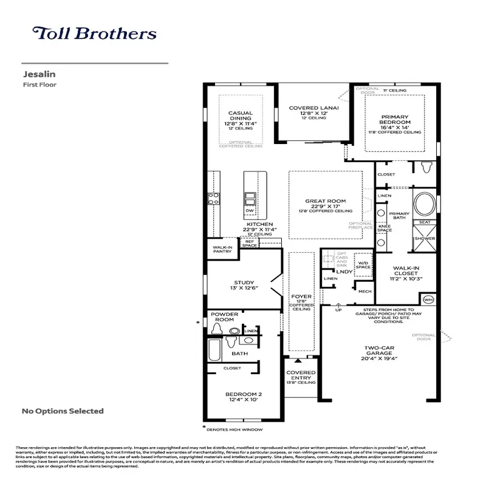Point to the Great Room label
pos(325,201)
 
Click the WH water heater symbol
pos(428,299)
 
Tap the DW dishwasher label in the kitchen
pos(249,211)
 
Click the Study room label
pos(244,282)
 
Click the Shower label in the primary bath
pos(425,238)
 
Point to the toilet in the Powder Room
pos(217,329)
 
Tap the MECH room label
pos(364,291)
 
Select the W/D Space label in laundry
pos(363,264)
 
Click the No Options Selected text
pos(63,411)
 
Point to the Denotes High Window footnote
pos(234,430)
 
